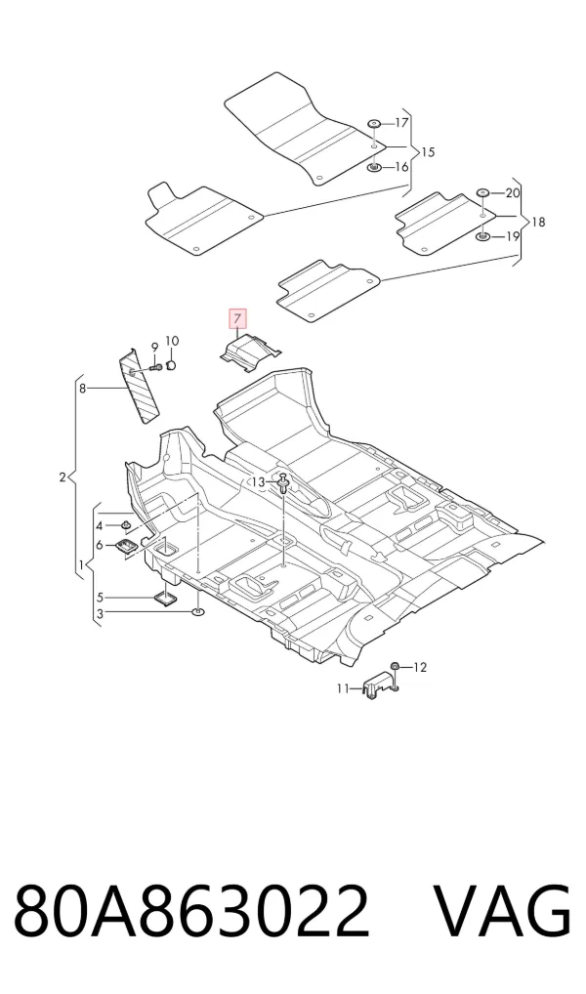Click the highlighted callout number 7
[x=236, y=318]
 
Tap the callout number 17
[x=402, y=122]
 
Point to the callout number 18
[x=538, y=223]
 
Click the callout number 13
[x=258, y=482]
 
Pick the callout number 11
[x=343, y=688]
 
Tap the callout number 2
[x=63, y=476]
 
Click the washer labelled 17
[x=374, y=123]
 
